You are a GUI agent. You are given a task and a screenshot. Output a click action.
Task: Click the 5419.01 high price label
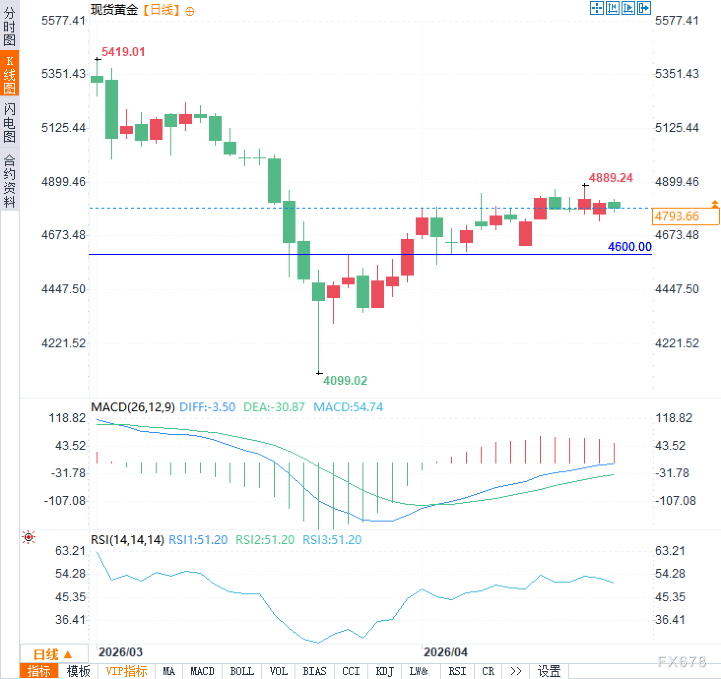coord(123,52)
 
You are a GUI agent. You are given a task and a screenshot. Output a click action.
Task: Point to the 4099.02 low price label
coord(345,380)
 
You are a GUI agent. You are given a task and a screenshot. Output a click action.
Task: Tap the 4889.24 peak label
coord(611,178)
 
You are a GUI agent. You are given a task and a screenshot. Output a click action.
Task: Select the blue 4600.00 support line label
coord(629,247)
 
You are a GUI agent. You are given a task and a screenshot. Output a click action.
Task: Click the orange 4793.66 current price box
coord(685,216)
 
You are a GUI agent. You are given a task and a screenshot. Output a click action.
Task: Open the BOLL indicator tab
coord(242,671)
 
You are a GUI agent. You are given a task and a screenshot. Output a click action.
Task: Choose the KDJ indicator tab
coord(385,671)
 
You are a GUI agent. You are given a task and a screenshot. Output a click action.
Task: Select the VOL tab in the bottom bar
coord(278,671)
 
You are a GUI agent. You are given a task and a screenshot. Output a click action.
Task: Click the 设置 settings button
coord(549,671)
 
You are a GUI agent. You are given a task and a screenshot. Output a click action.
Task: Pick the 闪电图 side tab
coord(9,123)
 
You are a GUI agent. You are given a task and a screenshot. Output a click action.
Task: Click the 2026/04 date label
coord(445,652)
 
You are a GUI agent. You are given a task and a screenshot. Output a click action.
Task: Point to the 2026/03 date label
coord(120,652)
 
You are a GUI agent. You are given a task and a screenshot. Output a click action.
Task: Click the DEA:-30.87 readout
coord(274,407)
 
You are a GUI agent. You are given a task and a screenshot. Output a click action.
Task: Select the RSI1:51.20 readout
coord(198,540)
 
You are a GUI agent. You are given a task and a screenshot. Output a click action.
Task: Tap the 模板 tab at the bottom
coord(78,671)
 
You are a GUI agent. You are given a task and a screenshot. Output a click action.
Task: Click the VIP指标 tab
coord(127,671)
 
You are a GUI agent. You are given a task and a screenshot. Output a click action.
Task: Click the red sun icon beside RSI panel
coord(29,537)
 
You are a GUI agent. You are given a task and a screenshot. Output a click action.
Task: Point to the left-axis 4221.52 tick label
coord(64,343)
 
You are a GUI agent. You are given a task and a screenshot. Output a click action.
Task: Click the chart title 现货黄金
coord(114,10)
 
